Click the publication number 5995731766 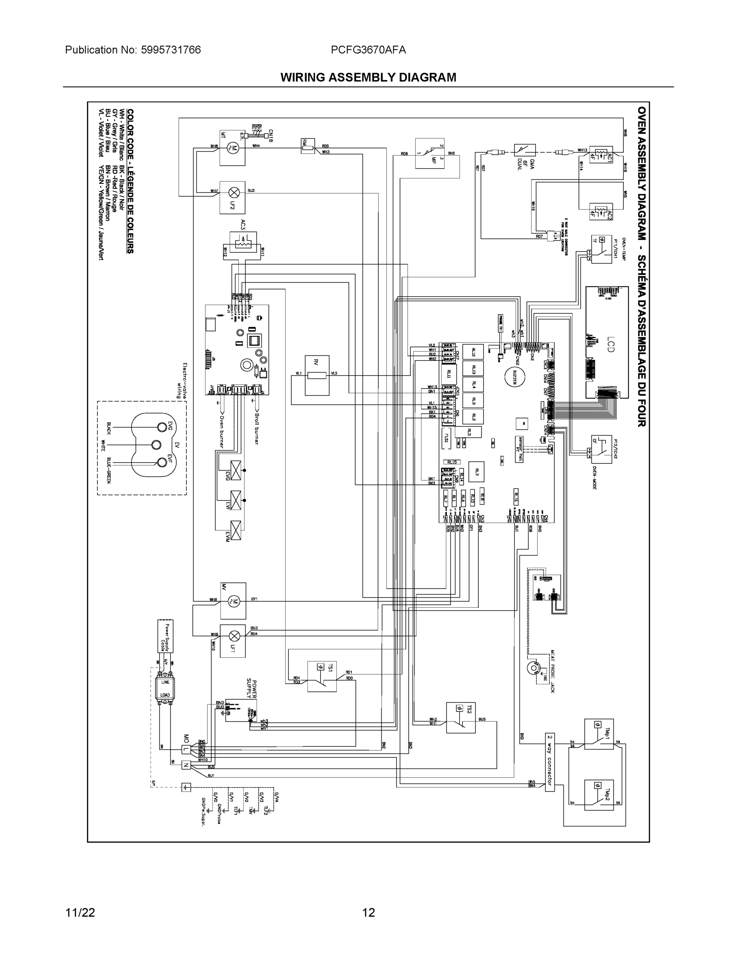point(171,50)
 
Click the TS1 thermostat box point(322,676)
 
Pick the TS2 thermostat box point(460,717)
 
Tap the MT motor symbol point(232,147)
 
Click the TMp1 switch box point(599,735)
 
